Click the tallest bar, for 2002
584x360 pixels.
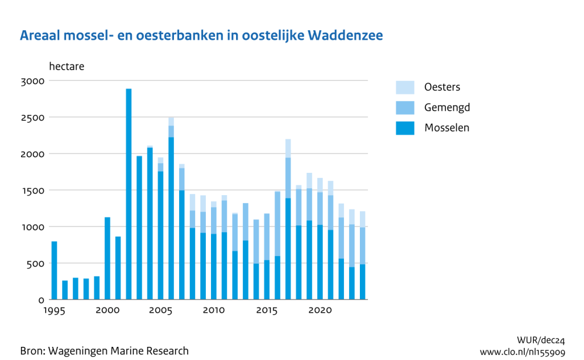tap(129, 194)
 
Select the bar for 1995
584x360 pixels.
tap(54, 270)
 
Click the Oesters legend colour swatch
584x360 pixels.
tap(405, 87)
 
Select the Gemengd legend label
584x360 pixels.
tap(447, 107)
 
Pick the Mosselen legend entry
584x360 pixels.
tap(447, 128)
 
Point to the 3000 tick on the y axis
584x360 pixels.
tap(33, 81)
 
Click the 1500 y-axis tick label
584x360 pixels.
tap(33, 191)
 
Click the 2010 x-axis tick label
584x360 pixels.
tap(213, 310)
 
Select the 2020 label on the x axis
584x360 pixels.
tap(320, 310)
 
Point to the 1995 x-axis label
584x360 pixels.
tap(54, 310)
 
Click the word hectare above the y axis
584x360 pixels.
tap(67, 66)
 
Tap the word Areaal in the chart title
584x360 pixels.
tap(41, 35)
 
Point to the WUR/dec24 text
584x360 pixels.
tap(541, 340)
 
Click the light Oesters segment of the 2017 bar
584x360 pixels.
tap(288, 148)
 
